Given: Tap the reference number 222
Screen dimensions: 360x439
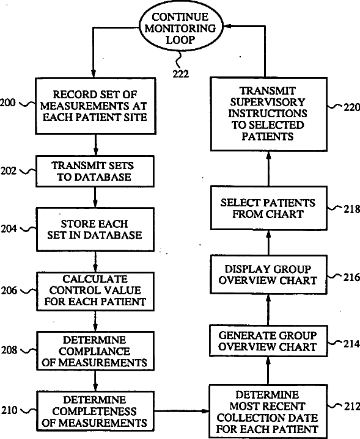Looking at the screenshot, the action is tap(180, 74).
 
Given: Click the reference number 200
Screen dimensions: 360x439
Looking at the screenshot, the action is tap(8, 103).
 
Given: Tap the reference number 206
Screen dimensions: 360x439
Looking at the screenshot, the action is tap(9, 291).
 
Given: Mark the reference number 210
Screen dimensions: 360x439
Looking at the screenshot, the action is tap(9, 410).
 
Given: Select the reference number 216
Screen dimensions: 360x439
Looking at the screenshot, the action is tap(352, 277).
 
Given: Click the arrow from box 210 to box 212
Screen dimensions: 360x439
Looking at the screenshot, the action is tap(182, 411).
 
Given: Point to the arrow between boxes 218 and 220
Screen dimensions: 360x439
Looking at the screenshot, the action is tap(268, 169).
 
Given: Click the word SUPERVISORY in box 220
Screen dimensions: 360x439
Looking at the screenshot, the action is tap(268, 102).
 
